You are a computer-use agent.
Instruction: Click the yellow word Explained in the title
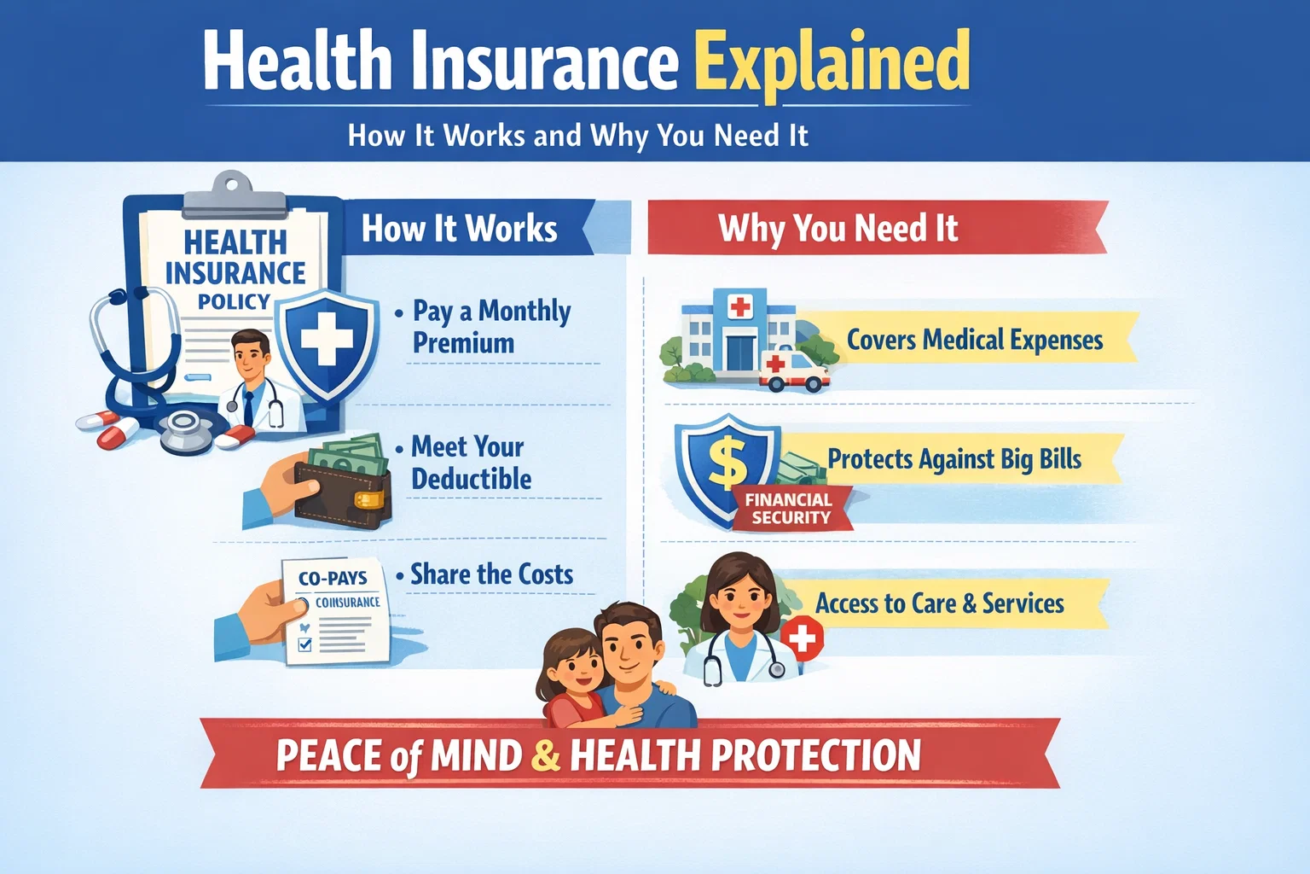point(832,61)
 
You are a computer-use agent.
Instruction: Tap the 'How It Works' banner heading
point(459,229)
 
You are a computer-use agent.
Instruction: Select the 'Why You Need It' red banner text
point(838,229)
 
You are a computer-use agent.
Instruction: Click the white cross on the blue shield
point(327,339)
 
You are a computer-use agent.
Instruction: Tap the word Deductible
point(472,479)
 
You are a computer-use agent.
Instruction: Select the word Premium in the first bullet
point(463,343)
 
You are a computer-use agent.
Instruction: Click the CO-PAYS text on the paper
point(333,578)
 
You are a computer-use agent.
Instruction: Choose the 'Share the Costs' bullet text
point(491,574)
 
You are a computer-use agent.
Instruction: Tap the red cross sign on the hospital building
point(739,306)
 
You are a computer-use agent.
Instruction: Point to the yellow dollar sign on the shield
point(727,462)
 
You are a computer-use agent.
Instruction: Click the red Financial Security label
point(788,509)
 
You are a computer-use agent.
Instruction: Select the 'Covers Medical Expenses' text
point(974,340)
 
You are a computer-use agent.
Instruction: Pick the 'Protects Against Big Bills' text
point(954,459)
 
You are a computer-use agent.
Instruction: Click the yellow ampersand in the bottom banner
point(545,755)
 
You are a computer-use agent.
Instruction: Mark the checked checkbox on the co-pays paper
point(304,645)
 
